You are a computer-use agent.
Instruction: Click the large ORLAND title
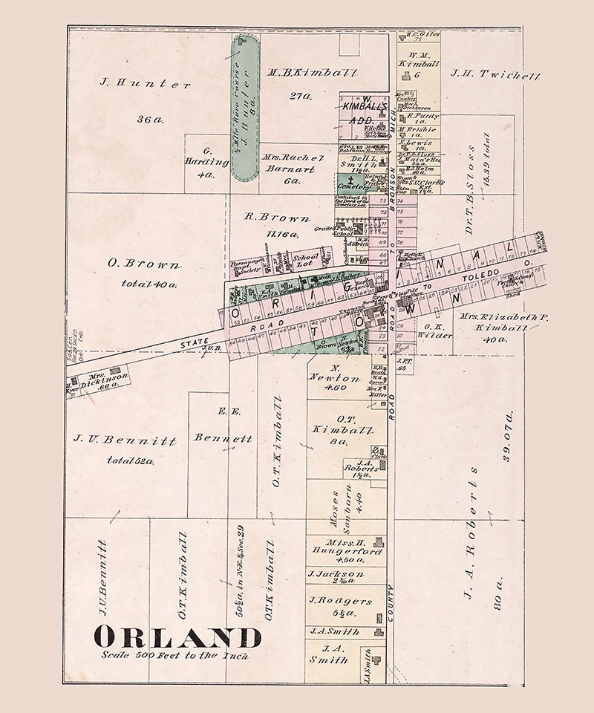pyautogui.click(x=177, y=637)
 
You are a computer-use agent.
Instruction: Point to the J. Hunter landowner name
pyautogui.click(x=146, y=84)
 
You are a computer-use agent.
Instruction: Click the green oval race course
pyautogui.click(x=245, y=108)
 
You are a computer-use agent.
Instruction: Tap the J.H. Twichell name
pyautogui.click(x=495, y=75)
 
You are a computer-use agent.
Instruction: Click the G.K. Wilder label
pyautogui.click(x=437, y=331)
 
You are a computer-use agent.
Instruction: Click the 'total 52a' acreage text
pyautogui.click(x=130, y=460)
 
